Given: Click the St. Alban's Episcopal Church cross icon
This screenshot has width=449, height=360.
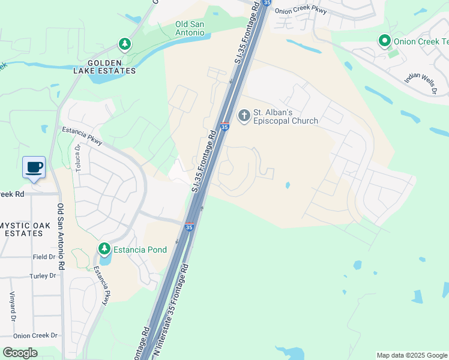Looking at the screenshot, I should click(x=244, y=115).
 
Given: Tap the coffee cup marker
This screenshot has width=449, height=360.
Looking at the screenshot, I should click(x=34, y=167).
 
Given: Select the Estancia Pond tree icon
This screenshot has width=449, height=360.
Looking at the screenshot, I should click(x=104, y=248).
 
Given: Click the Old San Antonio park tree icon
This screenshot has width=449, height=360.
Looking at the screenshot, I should click(x=124, y=44).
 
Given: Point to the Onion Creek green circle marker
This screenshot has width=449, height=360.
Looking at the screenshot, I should click(x=384, y=41).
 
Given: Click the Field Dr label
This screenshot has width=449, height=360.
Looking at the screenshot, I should click(x=44, y=256).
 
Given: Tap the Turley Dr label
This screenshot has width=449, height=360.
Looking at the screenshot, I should click(x=42, y=275).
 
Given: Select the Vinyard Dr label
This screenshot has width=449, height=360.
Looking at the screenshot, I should click(x=12, y=307).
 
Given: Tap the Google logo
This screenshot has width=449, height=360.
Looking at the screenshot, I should click(x=20, y=353).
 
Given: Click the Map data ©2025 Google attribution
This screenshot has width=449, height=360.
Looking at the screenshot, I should click(x=411, y=355).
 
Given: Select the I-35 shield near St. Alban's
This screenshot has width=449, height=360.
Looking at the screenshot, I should click(x=224, y=127).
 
